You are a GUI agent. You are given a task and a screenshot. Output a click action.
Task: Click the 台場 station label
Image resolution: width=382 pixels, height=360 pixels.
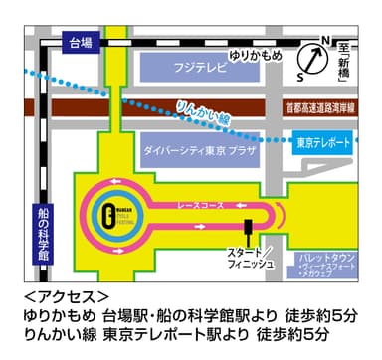(78, 43)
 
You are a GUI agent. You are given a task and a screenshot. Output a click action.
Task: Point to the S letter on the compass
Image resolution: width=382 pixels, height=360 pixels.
(302, 73)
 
